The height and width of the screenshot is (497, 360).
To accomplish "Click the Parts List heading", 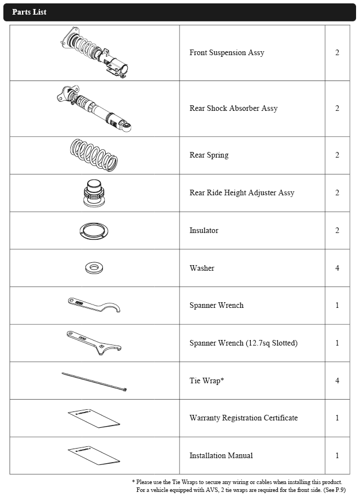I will pos(29,12).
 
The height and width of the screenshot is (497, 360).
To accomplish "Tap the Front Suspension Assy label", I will pos(227,53).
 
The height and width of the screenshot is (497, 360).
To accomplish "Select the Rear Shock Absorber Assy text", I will pos(233,109).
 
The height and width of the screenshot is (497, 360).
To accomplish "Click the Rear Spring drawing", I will pos(94,155).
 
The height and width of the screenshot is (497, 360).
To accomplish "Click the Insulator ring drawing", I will pos(94,231).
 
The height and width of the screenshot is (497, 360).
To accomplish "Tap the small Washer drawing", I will pos(94,268).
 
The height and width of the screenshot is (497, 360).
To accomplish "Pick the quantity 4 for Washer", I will pos(337,268).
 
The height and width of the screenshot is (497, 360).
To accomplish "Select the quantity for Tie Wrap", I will pos(337,380).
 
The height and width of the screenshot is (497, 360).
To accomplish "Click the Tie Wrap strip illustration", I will pos(94,381).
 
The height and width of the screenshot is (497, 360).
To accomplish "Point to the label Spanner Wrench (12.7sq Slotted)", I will pos(244,343).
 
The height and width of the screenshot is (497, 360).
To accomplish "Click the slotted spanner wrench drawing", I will pos(94,342).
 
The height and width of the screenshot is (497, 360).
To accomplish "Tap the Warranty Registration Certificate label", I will pos(244,418).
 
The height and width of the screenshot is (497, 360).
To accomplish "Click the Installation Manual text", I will pos(221,456).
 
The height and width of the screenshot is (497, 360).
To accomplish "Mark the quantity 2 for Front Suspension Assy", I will pos(337,53).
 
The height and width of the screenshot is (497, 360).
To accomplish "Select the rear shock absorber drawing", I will pos(94,109).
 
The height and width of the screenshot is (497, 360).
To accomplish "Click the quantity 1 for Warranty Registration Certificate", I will pos(337,418).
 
